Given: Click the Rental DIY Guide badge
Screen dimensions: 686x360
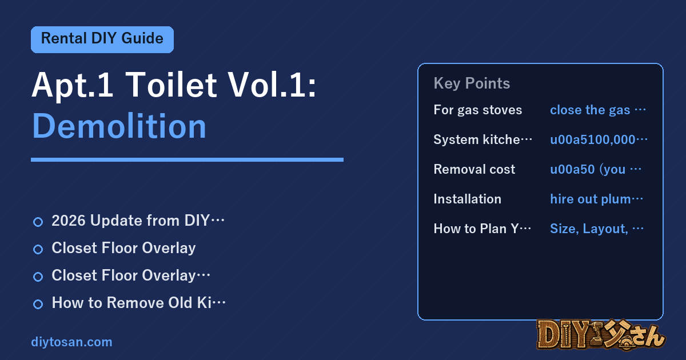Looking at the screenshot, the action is [102, 39].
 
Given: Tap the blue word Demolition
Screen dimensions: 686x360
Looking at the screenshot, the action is [119, 126].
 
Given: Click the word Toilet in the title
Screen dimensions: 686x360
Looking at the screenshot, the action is [171, 85].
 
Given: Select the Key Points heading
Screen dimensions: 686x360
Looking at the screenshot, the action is [472, 83].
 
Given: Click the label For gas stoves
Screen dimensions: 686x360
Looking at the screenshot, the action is [478, 110].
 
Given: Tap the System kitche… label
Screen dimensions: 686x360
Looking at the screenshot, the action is [482, 139].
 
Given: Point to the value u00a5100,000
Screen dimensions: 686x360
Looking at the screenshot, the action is [599, 139].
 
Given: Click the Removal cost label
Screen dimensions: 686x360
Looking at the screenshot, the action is [474, 169].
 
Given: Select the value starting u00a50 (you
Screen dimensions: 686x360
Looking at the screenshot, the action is [595, 169].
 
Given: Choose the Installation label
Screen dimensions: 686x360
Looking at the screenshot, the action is [468, 199].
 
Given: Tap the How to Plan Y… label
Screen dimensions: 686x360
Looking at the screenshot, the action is [482, 229].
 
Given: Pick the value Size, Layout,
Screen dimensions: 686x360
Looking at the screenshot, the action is [597, 229].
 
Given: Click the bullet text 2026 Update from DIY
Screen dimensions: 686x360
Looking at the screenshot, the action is [138, 221].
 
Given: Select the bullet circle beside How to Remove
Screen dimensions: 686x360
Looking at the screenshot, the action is [38, 304].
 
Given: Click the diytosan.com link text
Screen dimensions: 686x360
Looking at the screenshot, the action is [71, 342].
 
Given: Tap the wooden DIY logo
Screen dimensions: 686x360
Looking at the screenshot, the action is [601, 335].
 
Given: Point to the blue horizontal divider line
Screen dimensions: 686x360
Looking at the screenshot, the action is [187, 160].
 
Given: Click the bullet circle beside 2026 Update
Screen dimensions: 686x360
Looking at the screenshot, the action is [38, 222].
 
